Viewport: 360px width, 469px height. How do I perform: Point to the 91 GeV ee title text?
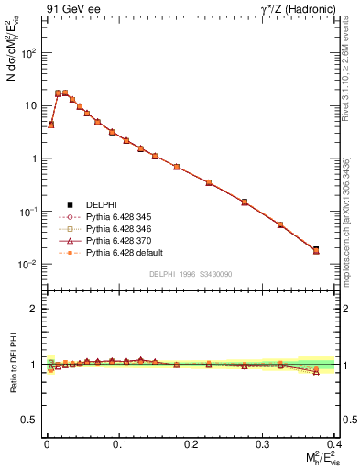coord(71,9)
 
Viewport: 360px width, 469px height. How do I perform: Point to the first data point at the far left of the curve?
coord(51,125)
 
